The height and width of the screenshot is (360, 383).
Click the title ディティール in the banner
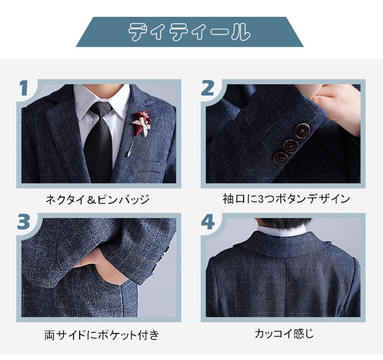[x=189, y=32]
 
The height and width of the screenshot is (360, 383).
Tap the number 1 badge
[x=24, y=88]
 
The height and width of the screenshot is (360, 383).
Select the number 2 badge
[x=207, y=88]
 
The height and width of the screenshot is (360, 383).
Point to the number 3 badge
[x=23, y=222]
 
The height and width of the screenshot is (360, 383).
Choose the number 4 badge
[x=208, y=222]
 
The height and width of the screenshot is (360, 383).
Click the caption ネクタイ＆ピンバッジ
[x=98, y=200]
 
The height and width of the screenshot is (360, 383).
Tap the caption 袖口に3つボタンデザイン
[x=286, y=199]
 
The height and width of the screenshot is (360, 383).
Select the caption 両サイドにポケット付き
[x=101, y=335]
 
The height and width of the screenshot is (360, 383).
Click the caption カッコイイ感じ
[x=284, y=333]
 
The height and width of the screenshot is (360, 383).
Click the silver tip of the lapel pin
[x=128, y=154]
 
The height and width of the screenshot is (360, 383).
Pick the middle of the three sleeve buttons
[x=291, y=146]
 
